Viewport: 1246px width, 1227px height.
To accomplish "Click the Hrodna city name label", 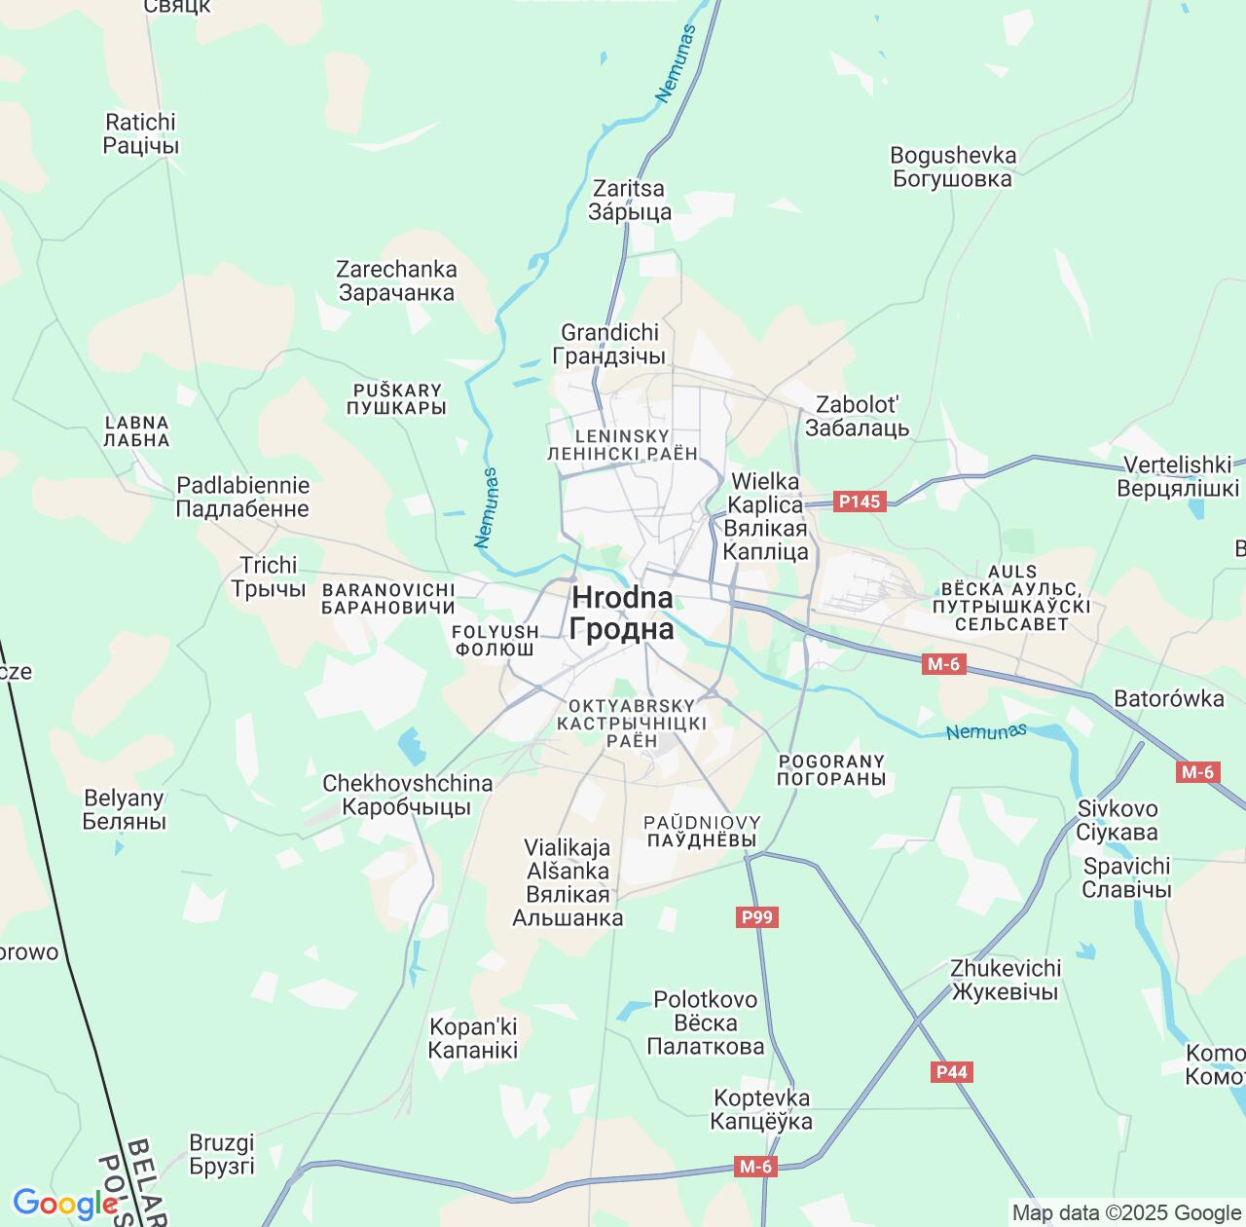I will (622, 613).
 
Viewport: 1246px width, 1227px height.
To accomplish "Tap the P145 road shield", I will (859, 502).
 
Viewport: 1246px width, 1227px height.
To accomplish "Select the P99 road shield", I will (756, 917).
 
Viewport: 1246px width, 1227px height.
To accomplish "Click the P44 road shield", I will (951, 1072).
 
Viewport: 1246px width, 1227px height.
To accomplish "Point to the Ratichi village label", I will (141, 133).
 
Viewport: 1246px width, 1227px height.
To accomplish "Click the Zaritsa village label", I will (629, 200).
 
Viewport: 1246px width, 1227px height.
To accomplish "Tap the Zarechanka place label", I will (396, 280).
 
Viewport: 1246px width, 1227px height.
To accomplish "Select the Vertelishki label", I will (1178, 476).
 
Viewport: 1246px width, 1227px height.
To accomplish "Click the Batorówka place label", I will (1168, 698).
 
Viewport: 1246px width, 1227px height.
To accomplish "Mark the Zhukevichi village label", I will (1005, 980).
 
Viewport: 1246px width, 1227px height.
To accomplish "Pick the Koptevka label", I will (761, 1109).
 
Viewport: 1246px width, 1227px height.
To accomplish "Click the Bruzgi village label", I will (222, 1153).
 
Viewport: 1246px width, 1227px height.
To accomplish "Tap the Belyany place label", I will (124, 809).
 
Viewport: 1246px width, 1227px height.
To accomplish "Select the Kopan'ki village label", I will (473, 1038).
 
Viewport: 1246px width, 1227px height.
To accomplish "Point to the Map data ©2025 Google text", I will (1125, 1213).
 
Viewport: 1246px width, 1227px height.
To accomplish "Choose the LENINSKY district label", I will (622, 444).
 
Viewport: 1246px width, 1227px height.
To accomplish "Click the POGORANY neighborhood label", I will (831, 769).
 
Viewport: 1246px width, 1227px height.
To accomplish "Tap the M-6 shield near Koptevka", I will (755, 1167).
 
